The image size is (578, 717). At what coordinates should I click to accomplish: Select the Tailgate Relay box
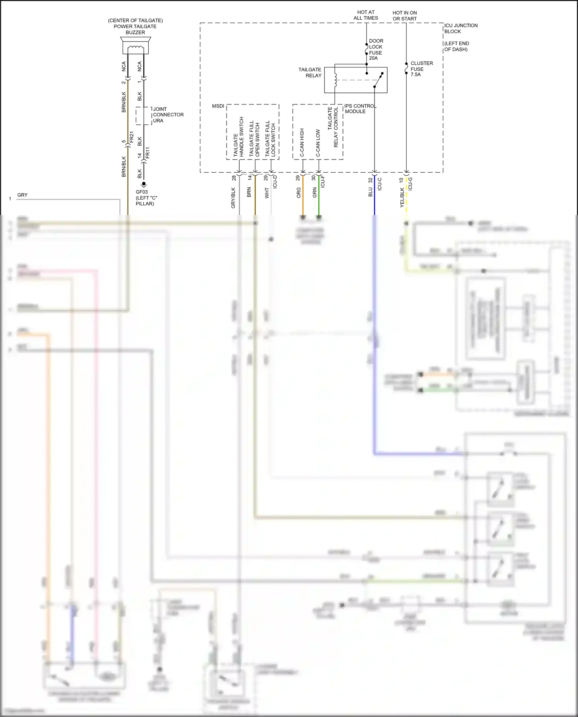[355, 80]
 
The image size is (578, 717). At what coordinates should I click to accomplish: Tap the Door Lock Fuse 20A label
[375, 49]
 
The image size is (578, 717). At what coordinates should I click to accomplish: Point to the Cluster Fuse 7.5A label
[421, 69]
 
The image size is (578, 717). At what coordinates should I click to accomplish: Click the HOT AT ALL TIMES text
[366, 15]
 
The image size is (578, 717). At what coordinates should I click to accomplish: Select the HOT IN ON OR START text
[405, 16]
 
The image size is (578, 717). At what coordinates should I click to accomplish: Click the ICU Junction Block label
[460, 29]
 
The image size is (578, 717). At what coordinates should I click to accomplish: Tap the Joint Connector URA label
[168, 115]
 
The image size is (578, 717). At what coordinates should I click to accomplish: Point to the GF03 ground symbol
[144, 185]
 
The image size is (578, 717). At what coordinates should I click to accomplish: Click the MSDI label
[218, 106]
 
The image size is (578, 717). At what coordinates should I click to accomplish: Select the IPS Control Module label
[360, 109]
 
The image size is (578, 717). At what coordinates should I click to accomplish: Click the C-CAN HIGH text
[302, 142]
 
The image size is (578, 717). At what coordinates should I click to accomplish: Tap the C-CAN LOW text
[318, 143]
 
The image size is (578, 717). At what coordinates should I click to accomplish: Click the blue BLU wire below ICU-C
[374, 200]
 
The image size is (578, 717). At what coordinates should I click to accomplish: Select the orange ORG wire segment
[303, 196]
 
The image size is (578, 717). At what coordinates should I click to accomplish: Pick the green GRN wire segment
[319, 196]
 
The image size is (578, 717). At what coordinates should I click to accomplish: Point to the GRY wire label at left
[22, 195]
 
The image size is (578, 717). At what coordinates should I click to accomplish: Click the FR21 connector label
[131, 138]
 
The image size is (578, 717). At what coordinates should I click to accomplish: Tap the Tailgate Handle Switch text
[239, 137]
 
